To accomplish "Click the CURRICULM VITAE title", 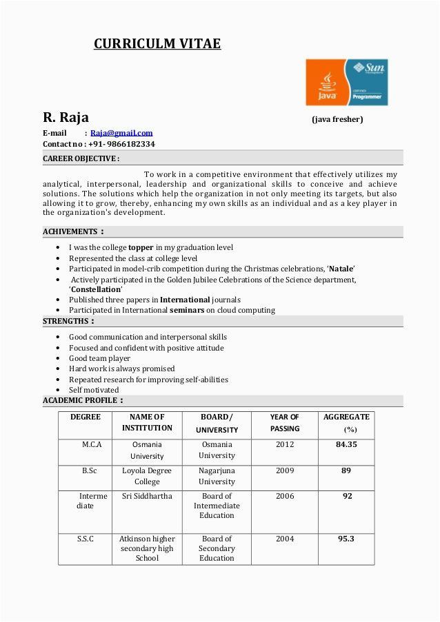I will pyautogui.click(x=157, y=44).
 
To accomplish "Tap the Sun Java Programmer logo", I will pyautogui.click(x=346, y=82).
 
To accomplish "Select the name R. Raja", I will pyautogui.click(x=66, y=118).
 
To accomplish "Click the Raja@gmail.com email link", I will pyautogui.click(x=121, y=133).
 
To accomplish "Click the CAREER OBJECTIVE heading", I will pyautogui.click(x=81, y=158).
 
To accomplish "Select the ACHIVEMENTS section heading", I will pyautogui.click(x=73, y=231).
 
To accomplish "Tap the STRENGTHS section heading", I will pyautogui.click(x=68, y=321).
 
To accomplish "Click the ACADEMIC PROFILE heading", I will pyautogui.click(x=83, y=400).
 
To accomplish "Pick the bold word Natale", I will pyautogui.click(x=341, y=268).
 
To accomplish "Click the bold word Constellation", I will pyautogui.click(x=95, y=289).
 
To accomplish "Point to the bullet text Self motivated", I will pyautogui.click(x=94, y=390).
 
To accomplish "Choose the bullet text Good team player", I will pyautogui.click(x=99, y=358).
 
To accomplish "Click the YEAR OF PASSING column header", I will pyautogui.click(x=285, y=422).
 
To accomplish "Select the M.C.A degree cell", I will pyautogui.click(x=92, y=445).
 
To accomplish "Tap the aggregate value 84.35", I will pyautogui.click(x=346, y=445).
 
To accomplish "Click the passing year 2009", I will pyautogui.click(x=285, y=471).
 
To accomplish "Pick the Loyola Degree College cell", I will pyautogui.click(x=147, y=476).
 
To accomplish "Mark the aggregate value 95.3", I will pyautogui.click(x=346, y=539).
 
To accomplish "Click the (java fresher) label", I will pyautogui.click(x=337, y=119).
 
